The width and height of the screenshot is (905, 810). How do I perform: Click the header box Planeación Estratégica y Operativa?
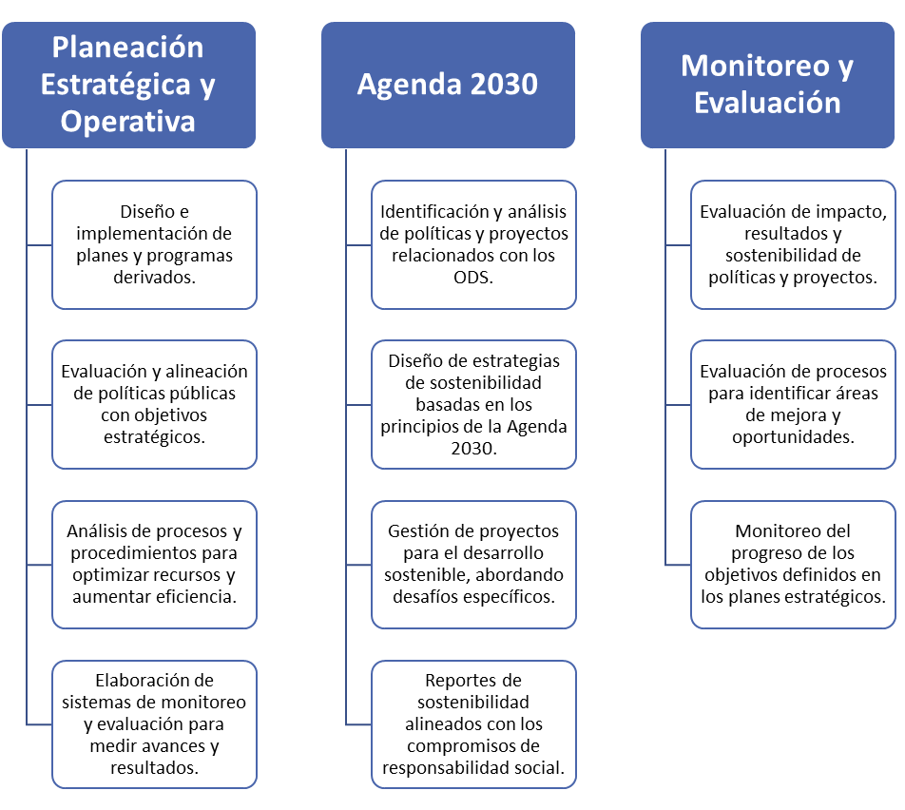coord(128,85)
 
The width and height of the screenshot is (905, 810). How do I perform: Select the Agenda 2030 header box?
coord(448,85)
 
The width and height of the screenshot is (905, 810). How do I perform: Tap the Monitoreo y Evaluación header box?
coord(768,85)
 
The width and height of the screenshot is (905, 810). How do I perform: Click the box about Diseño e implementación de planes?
coord(154,244)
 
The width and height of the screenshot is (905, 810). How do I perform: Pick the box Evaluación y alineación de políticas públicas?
coord(154,404)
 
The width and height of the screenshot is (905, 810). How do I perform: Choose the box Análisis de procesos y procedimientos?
coord(154,564)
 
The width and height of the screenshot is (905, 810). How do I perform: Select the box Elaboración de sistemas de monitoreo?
coord(154,724)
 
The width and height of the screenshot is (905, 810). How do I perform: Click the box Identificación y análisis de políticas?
coord(473,244)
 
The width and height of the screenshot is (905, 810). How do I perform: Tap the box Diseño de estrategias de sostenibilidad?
coord(473,404)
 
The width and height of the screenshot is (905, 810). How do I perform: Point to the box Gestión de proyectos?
coord(473,564)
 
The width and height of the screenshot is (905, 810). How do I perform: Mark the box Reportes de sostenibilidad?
coord(473,724)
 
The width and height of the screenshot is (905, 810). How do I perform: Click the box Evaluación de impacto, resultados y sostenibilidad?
coord(793,244)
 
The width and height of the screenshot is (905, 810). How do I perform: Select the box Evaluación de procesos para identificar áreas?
coord(793,404)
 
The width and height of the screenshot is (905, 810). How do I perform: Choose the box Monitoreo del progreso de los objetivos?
coord(793,564)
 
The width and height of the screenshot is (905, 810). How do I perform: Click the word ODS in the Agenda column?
coord(471,278)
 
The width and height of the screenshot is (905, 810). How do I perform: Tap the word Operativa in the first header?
coord(128,122)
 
